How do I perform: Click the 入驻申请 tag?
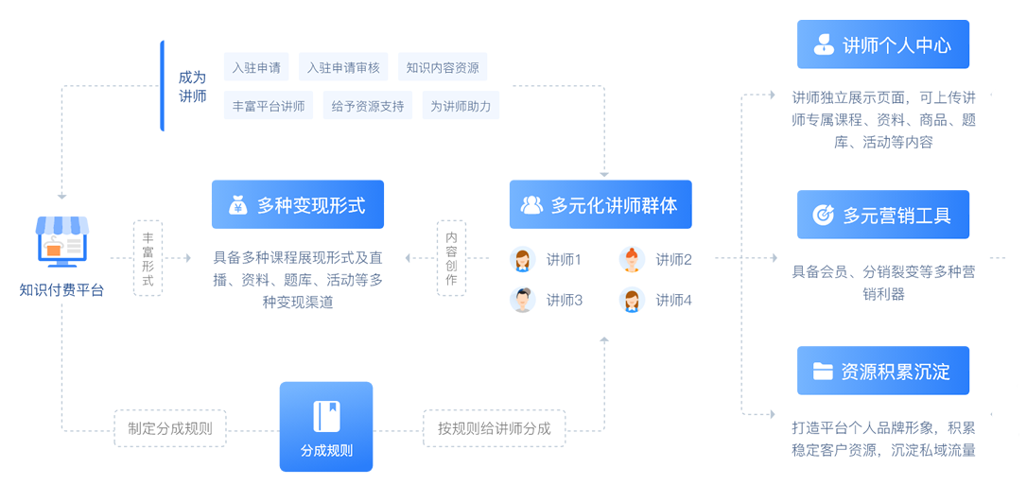[256, 67]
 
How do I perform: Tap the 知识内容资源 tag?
[443, 67]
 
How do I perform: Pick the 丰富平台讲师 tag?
[269, 106]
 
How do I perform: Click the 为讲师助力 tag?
[461, 106]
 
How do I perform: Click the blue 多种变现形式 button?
[298, 204]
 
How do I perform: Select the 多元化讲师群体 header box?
[601, 204]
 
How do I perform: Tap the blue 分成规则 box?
[326, 426]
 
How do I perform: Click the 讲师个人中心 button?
[883, 44]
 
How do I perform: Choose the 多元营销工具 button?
[883, 215]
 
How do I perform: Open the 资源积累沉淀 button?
[883, 371]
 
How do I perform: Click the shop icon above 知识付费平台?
[61, 239]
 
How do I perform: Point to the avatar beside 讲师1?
[522, 259]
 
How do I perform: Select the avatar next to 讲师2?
[632, 259]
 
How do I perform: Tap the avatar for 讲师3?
[522, 300]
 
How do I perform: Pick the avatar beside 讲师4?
[632, 300]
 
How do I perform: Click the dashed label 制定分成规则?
[170, 428]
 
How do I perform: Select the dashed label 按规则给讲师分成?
[495, 428]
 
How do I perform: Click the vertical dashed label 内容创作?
[451, 258]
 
